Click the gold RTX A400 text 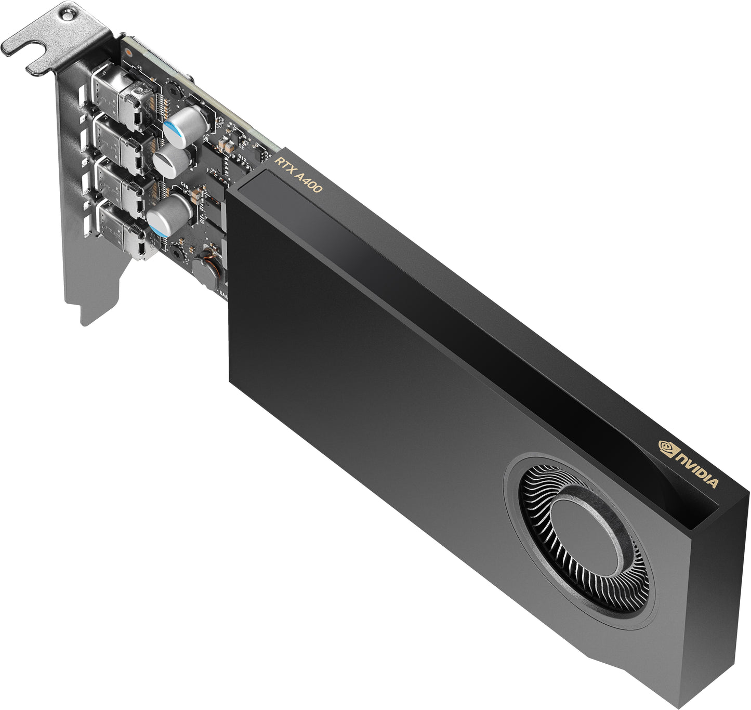click(x=298, y=175)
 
